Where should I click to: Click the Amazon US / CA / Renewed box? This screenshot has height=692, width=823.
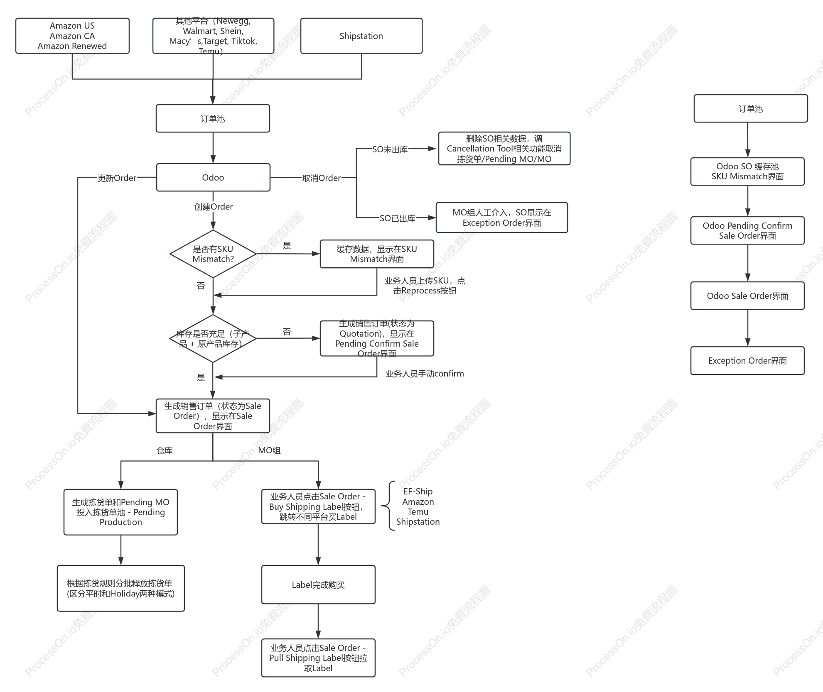point(72,36)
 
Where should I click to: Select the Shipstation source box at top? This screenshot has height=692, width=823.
point(361,36)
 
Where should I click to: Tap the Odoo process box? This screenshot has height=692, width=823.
point(213,177)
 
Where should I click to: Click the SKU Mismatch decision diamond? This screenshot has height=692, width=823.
point(213,254)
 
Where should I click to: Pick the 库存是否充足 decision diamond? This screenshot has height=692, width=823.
point(213,338)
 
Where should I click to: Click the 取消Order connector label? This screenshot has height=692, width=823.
point(322,178)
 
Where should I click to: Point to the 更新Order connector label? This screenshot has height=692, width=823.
point(117,178)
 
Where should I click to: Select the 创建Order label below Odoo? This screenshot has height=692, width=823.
point(214,207)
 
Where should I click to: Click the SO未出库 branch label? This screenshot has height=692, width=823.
point(390,149)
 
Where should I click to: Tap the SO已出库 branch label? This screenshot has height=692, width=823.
point(398,218)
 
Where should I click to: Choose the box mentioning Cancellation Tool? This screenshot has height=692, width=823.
point(504,149)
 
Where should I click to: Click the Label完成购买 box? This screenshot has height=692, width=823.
point(318,584)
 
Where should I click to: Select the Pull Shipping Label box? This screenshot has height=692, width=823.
point(318,658)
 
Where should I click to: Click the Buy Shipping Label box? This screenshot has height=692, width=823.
point(318,506)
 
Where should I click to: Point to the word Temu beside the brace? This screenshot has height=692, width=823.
point(418,512)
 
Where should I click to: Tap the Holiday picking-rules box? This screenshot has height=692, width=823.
point(121,588)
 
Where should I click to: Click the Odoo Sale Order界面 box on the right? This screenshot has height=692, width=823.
point(747,296)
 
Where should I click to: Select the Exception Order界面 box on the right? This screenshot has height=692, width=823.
point(747,360)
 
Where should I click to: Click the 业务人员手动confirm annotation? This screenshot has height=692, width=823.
point(425,374)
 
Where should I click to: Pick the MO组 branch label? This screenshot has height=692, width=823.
point(269,450)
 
